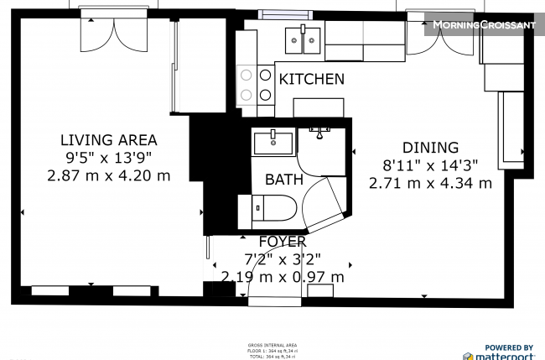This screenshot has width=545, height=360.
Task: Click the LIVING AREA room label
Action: point(109,140)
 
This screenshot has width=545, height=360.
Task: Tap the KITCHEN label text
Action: point(311,79)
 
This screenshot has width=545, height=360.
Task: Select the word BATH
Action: point(284,179)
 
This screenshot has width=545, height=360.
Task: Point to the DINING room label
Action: point(431,147)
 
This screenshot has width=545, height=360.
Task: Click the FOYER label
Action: point(282,242)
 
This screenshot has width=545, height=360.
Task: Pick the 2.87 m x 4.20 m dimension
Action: point(109,175)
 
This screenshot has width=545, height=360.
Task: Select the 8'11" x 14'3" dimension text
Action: point(431,164)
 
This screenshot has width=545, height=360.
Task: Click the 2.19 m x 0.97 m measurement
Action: point(283,276)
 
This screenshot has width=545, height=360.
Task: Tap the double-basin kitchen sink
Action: point(303,39)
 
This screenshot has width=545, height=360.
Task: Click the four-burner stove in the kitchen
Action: point(255,85)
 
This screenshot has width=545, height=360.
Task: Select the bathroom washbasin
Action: point(273,143)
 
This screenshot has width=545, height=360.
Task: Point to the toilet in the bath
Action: point(272,207)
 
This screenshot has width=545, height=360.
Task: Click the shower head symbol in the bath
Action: point(319,131)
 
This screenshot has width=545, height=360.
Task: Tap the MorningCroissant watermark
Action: point(483,25)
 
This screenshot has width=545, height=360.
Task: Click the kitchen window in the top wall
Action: point(284,14)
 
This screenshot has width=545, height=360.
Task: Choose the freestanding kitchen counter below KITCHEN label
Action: point(319,107)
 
